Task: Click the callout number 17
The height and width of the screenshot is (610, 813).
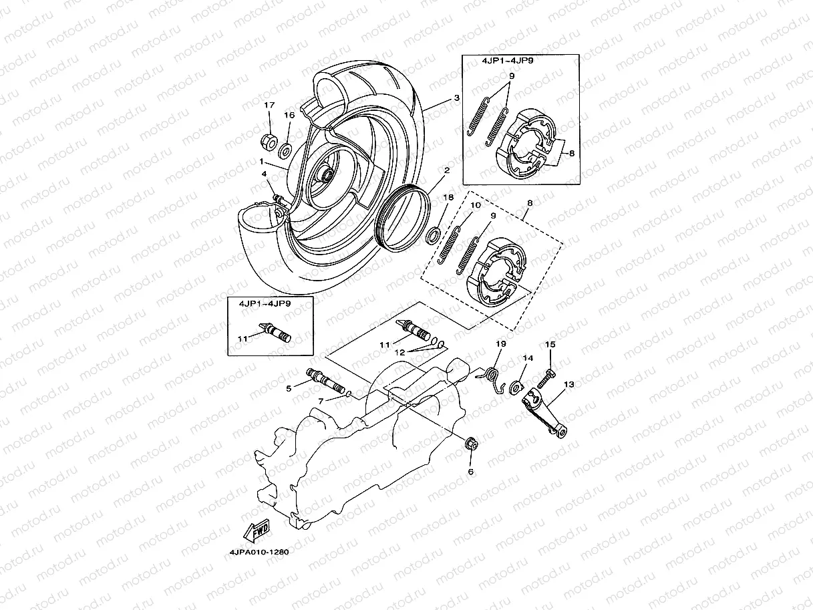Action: coord(269,106)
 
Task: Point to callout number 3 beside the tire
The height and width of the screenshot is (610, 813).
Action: coord(456,98)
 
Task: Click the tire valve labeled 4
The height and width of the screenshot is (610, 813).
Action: coord(277,197)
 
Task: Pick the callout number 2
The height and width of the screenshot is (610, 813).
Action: coord(446,170)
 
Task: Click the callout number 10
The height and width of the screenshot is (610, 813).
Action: coord(476,205)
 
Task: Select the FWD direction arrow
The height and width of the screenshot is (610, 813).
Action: coord(257,530)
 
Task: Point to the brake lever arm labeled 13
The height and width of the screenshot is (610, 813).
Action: coord(548,415)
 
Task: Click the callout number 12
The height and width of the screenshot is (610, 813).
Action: coord(399,351)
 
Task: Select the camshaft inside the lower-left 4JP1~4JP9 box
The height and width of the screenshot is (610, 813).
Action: coord(278,332)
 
